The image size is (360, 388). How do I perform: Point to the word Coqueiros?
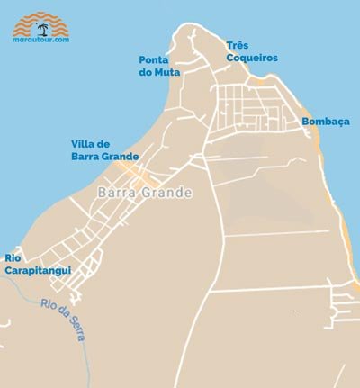pyautogui.click(x=252, y=58)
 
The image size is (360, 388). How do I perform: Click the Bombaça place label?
pyautogui.click(x=325, y=121)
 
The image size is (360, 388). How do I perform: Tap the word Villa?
pyautogui.click(x=86, y=143)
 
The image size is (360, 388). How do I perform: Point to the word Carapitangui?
pyautogui.click(x=38, y=269)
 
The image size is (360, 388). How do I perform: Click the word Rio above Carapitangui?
pyautogui.click(x=13, y=257)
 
